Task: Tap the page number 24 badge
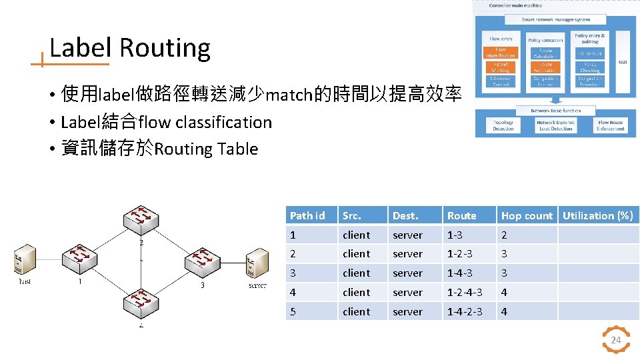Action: (616, 341)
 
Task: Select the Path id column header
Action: (307, 215)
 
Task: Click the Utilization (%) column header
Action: (597, 215)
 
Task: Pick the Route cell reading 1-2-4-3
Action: (465, 292)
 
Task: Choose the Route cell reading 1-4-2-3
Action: (465, 311)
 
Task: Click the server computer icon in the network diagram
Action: (258, 264)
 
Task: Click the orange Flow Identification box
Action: (500, 52)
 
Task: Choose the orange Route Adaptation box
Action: (545, 67)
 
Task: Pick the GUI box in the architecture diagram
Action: (622, 62)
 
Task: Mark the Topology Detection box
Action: (503, 125)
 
